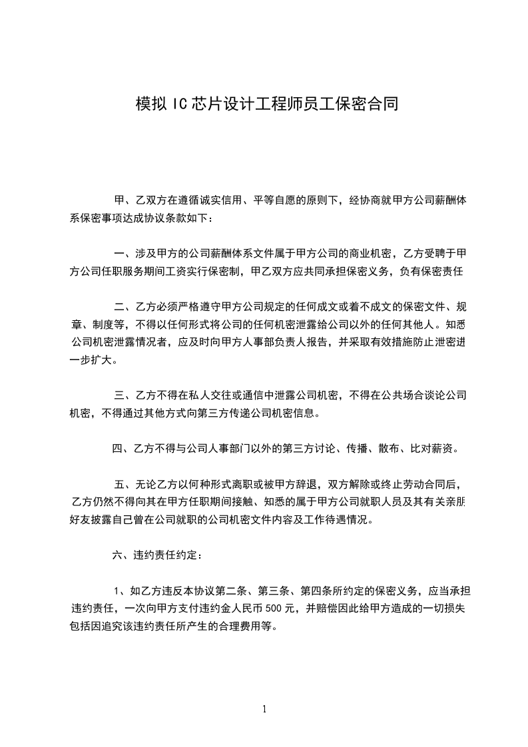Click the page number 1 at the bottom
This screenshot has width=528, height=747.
tap(264, 709)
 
